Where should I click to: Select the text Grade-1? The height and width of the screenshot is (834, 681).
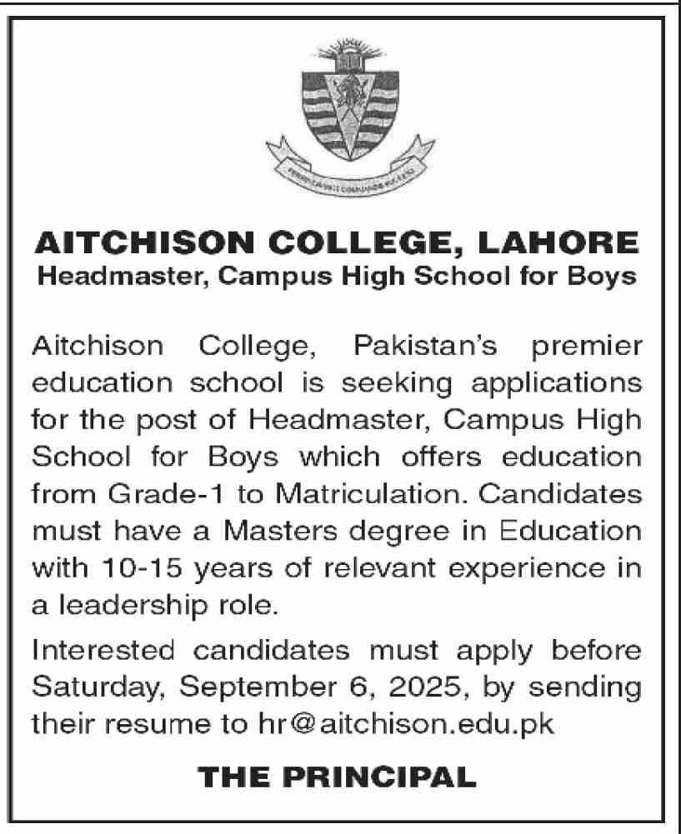coord(155,495)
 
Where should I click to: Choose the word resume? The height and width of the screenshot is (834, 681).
coord(152,724)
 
